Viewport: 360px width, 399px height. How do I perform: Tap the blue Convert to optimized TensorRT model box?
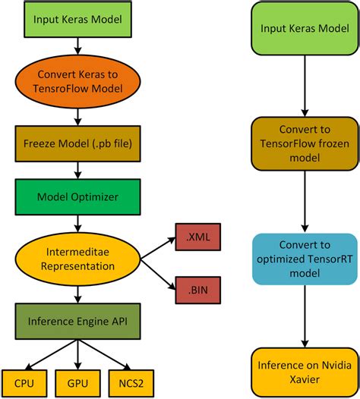[304, 259]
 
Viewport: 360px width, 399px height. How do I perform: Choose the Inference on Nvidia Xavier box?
[304, 369]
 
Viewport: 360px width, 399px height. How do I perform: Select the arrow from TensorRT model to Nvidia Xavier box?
[304, 316]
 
